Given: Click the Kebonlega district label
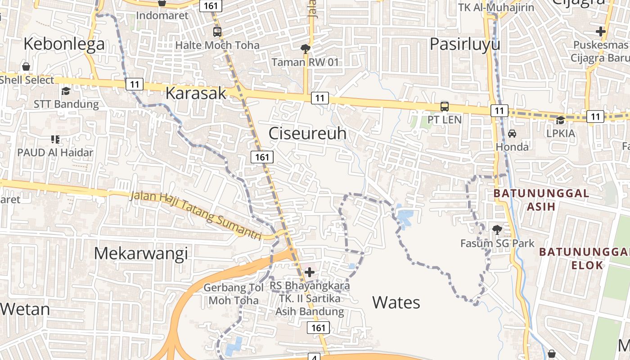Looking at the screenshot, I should coord(64,44).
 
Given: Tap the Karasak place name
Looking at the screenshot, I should coord(196,93).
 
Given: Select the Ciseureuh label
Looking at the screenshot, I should coord(308,133).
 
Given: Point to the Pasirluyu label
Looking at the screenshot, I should coord(465,44).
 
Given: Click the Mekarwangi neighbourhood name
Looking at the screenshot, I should coord(140,254).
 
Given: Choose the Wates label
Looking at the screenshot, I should coord(396,302).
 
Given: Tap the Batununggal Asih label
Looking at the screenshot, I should coord(541,200).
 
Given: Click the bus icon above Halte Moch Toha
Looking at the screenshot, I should coord(217,32).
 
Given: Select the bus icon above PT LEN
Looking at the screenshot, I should coord(445,107).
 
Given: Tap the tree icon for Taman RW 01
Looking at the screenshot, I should coord(306,49).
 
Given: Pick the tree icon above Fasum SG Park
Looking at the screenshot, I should coord(497,230).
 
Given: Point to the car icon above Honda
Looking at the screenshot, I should coord(512,134).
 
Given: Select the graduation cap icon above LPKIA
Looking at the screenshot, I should coord(561,120).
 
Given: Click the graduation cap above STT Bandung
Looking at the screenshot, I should coord(66,91).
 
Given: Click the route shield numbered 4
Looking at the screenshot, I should coord(314,357).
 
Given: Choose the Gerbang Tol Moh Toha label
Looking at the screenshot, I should coord(234,294).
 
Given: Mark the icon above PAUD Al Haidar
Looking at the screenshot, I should coord(55,139).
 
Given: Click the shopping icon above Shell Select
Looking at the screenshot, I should coord(27,67).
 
